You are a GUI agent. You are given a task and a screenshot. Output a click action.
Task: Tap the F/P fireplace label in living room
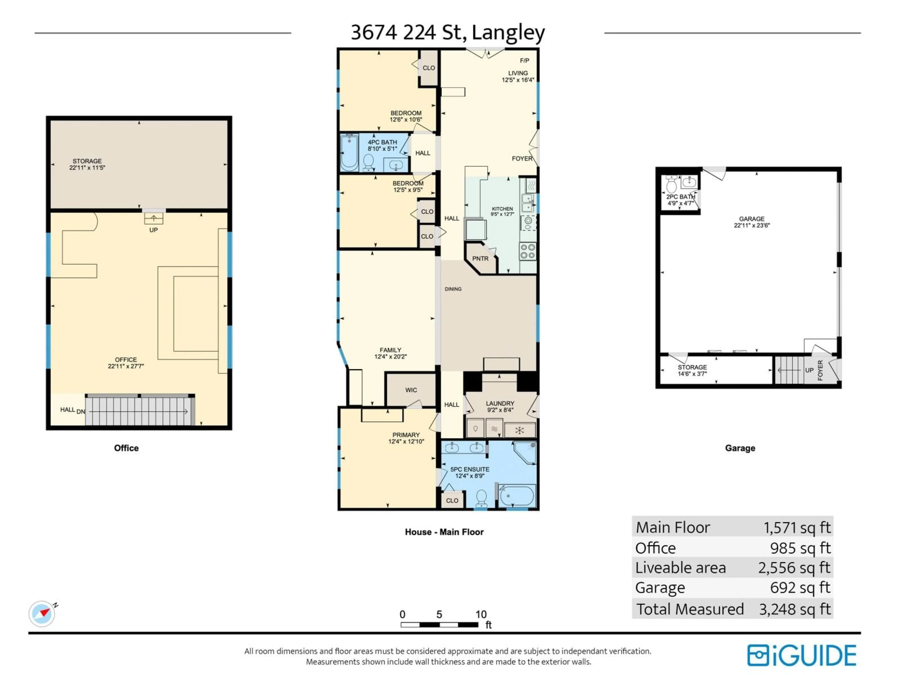pyautogui.click(x=525, y=61)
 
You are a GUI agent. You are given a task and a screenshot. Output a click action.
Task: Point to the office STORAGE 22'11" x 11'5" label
pyautogui.click(x=87, y=164)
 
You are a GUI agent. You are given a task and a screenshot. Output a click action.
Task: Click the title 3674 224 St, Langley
pyautogui.click(x=448, y=33)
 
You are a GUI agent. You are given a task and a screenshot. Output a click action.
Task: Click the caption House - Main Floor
pyautogui.click(x=444, y=532)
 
